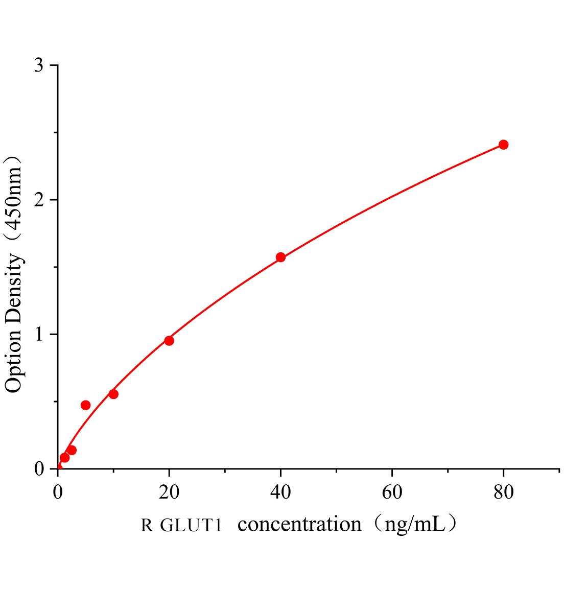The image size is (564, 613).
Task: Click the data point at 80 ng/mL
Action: [x=503, y=145]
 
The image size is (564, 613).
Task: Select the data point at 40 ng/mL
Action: [x=280, y=257]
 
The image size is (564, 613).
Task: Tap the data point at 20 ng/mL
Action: [x=169, y=341]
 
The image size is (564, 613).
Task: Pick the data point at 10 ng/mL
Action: [x=113, y=394]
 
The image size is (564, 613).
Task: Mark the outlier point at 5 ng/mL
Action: [x=85, y=405]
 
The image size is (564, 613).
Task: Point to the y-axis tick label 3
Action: [x=39, y=66]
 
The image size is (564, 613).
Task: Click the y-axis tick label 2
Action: [x=39, y=200]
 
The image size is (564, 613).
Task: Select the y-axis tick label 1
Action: [x=39, y=335]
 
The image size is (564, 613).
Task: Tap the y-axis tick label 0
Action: [x=39, y=469]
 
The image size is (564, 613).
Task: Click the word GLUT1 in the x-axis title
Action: [x=192, y=525]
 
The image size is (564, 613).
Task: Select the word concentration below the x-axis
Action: [x=300, y=524]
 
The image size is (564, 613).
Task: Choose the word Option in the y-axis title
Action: [x=14, y=360]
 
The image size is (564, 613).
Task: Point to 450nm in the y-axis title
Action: [x=14, y=199]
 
